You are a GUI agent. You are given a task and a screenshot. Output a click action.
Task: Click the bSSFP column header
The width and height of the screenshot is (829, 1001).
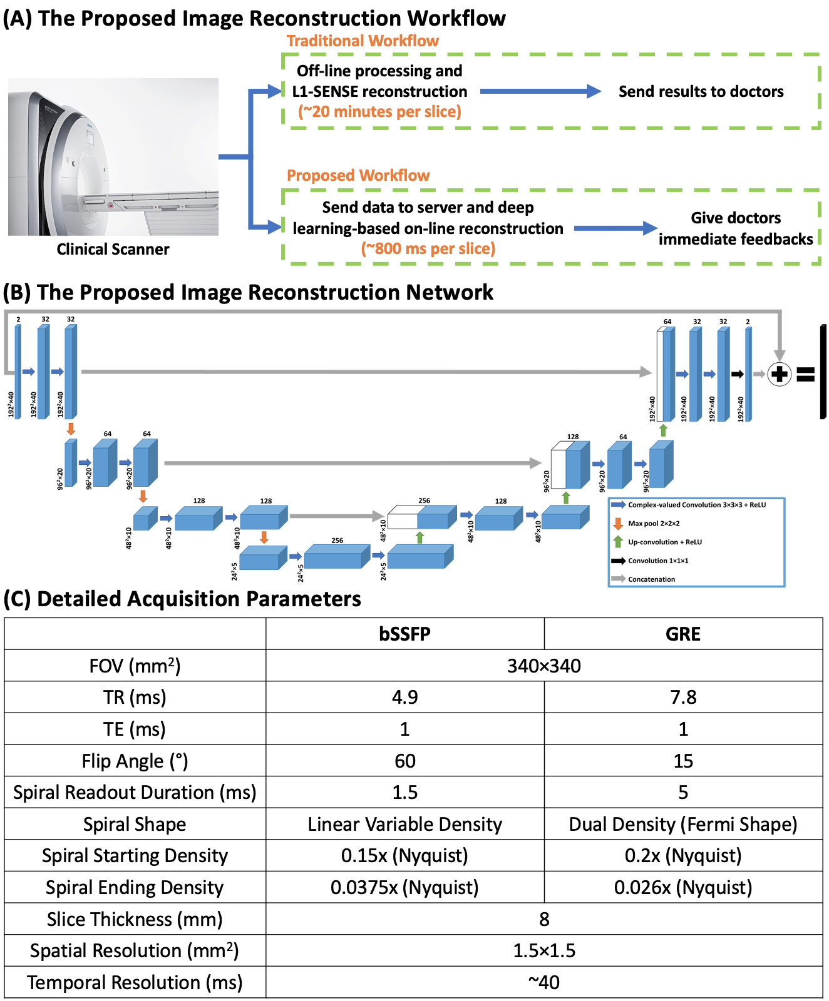point(404,634)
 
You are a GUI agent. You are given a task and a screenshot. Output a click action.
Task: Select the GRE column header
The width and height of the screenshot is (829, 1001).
point(682,634)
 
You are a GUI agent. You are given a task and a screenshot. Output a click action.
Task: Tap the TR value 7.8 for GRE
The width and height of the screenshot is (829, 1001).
point(682,697)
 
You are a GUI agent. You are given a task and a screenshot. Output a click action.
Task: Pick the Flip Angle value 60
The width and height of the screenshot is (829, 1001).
point(404,761)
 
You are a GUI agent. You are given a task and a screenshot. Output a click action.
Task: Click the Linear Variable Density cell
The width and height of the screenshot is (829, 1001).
point(404,824)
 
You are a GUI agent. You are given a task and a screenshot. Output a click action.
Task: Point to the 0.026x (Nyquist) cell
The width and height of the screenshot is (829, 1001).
point(682,887)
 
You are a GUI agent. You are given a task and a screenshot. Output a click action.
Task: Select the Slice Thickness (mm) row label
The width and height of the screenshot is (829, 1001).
point(135,919)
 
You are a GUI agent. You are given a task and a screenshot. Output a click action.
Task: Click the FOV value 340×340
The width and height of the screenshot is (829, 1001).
point(543,666)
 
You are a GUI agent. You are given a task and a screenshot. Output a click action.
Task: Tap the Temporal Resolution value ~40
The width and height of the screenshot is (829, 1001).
point(543,982)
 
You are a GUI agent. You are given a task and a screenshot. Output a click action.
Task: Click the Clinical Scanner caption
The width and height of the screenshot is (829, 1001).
point(113,249)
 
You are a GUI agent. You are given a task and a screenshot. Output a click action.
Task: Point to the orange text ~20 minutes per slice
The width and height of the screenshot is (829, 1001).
point(379,111)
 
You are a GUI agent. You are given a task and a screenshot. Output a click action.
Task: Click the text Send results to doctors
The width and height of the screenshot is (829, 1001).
point(701,91)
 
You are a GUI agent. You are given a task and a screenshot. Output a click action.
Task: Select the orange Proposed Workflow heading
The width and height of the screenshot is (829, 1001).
point(358,175)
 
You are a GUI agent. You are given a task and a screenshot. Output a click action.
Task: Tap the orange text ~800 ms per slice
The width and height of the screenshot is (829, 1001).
point(428,248)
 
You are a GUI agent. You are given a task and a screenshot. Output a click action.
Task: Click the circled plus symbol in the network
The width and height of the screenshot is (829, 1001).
point(779,374)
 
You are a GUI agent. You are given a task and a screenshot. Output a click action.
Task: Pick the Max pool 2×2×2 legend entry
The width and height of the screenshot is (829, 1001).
point(653,524)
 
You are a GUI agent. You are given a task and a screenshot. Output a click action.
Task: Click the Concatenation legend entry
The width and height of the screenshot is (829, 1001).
point(651,579)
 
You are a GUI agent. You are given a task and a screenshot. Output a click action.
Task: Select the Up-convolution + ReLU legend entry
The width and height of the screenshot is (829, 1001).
point(664,542)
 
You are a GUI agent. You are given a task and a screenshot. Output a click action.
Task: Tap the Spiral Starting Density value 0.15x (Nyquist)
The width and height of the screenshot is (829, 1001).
point(404,855)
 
